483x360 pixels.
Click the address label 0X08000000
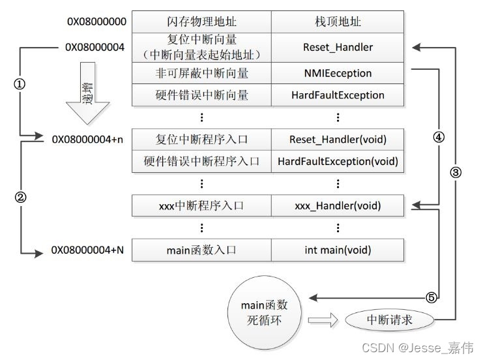coord(97,22)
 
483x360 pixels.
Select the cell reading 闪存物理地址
coord(201,22)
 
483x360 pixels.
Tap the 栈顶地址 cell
coord(338,22)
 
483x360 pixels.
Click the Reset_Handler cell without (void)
coord(338,47)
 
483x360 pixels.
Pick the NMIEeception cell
coord(338,74)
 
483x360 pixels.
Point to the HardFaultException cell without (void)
coord(338,95)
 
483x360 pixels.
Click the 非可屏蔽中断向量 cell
coord(201,74)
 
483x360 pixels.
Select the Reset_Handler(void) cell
coord(338,140)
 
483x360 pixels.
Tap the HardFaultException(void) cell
coord(338,161)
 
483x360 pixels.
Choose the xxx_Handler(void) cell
coord(338,206)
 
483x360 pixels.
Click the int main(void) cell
coord(338,250)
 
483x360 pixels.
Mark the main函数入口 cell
coord(201,250)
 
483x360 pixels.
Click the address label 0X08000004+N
coord(88,250)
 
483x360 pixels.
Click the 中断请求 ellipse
coord(390,320)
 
